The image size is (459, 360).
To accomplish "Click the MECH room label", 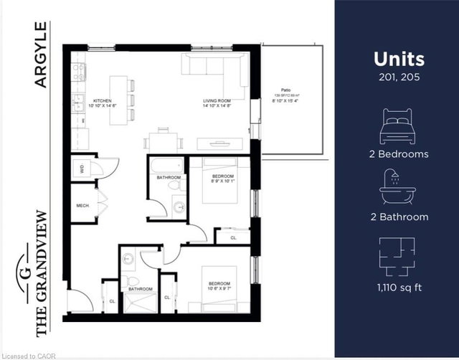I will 82,206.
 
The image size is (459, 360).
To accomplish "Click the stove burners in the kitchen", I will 79,72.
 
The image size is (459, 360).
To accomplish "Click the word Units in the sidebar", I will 399,59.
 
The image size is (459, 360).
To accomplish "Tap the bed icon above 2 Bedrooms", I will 396,126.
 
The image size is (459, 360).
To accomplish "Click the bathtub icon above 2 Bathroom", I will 396,188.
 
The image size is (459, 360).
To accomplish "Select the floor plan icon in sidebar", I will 396,255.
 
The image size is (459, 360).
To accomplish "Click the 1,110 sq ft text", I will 396,288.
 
